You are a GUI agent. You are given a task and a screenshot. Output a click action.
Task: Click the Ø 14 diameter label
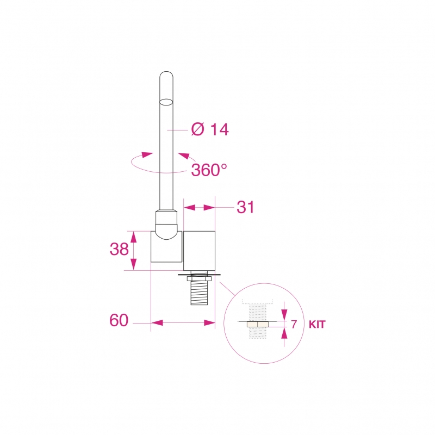pyautogui.click(x=210, y=129)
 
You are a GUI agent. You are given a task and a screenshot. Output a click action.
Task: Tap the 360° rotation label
pyautogui.click(x=209, y=170)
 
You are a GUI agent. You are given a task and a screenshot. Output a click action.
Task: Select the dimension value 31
pyautogui.click(x=245, y=207)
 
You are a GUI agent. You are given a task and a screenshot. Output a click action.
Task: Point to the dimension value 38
pyautogui.click(x=119, y=249)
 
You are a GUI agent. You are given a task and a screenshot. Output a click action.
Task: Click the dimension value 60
pyautogui.click(x=119, y=320)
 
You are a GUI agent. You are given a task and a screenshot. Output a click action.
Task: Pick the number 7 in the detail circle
pyautogui.click(x=294, y=324)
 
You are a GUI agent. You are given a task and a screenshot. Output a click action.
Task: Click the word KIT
pyautogui.click(x=317, y=324)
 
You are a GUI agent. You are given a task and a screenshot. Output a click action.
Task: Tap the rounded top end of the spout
pyautogui.click(x=166, y=75)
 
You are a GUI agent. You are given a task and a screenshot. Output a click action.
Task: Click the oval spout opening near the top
pyautogui.click(x=166, y=102)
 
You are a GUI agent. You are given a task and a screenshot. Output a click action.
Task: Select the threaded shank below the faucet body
pyautogui.click(x=200, y=293)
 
